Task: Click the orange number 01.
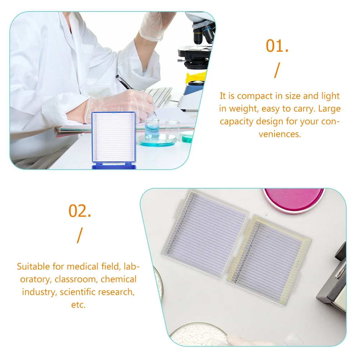coord(277,46)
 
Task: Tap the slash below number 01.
coord(276,70)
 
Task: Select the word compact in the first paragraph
coord(254,96)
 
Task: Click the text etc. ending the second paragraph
coord(78,305)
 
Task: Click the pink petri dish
coord(294,199)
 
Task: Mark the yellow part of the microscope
coord(196,77)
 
